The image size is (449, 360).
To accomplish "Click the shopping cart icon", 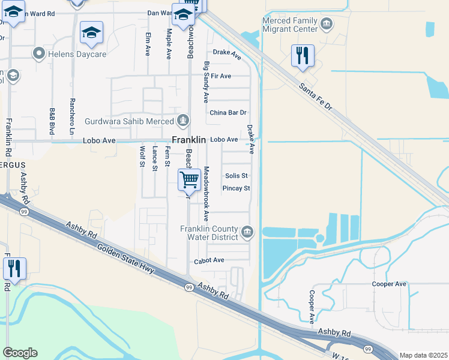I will pos(189,179).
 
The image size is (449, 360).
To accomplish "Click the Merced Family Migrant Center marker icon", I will pos(326,25).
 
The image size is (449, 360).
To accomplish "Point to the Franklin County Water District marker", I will pos(247,232).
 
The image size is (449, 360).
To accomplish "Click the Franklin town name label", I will pos(188,139).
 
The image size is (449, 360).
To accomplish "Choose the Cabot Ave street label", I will pos(209,261).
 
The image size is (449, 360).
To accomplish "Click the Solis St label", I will pos(237,176).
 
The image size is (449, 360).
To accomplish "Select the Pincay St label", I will pos(236,188).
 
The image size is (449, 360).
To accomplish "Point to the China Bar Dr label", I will pos(228,113).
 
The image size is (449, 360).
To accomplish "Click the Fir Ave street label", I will pos(221,76).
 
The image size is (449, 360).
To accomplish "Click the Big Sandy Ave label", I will pos(206,81).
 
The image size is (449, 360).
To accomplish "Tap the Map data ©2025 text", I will pos(424,355).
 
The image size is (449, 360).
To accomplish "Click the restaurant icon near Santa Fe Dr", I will pos(303,56).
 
